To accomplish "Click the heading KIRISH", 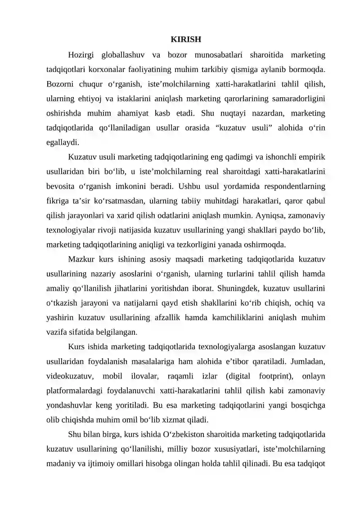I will (x=186, y=40).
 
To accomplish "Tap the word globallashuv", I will (x=123, y=56).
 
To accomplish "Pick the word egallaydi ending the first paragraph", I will (x=63, y=143).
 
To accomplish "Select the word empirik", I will (x=312, y=157).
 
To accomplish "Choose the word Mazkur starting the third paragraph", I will (x=80, y=259).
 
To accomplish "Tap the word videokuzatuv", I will (x=68, y=375).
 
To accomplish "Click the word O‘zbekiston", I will (x=171, y=434).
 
